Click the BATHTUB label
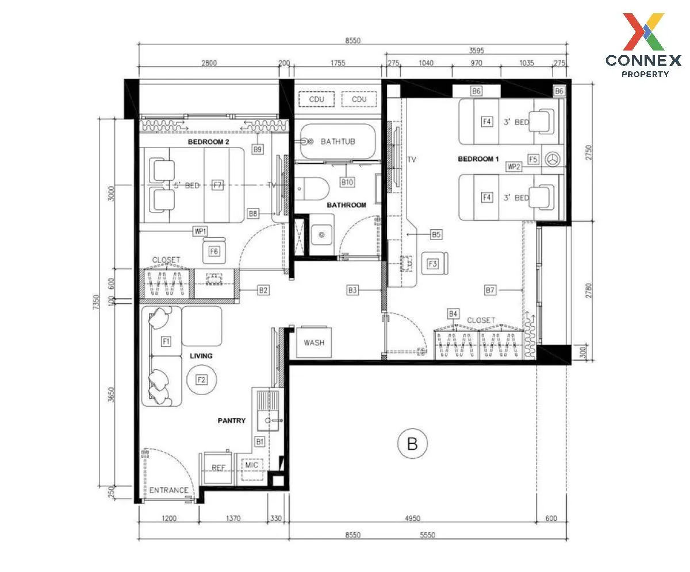point(338,142)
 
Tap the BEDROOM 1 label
point(478,159)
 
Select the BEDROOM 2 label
point(208,142)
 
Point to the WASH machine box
point(314,342)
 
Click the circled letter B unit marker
point(412,443)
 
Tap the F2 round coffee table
point(202,380)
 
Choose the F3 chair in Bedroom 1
point(434,264)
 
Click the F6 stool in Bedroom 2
point(214,250)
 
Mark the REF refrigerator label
point(218,467)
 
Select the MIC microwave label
point(251,465)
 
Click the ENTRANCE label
point(168,490)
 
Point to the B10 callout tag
point(347,182)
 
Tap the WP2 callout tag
point(514,167)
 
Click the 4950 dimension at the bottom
point(412,518)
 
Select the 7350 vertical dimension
point(96,302)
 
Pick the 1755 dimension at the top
point(338,63)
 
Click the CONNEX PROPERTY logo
point(643,45)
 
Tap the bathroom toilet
point(312,189)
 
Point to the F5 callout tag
point(533,160)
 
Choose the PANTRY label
point(231,421)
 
